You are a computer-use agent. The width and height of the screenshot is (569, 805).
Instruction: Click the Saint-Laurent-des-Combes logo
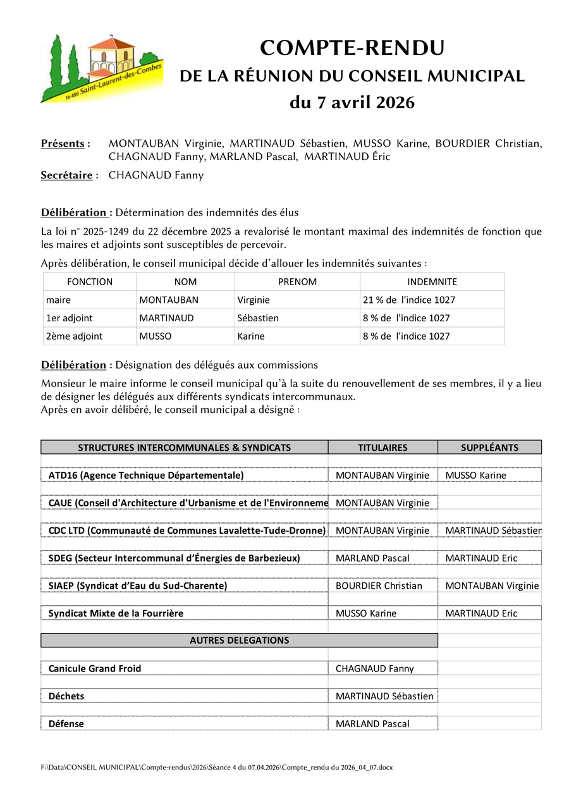[x=101, y=68]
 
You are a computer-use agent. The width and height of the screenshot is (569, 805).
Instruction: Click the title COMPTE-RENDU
[x=352, y=48]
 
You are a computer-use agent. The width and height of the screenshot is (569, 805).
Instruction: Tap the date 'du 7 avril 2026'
[x=352, y=102]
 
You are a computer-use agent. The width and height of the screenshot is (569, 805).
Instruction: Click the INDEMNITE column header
[x=432, y=282]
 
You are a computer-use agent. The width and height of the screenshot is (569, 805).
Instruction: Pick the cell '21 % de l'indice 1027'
[x=408, y=300]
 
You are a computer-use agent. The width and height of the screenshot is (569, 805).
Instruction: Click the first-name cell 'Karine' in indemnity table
[x=251, y=336]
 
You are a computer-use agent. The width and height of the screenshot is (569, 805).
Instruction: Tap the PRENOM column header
[x=297, y=282]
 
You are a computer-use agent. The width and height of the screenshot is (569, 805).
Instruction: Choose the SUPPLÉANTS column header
[x=489, y=448]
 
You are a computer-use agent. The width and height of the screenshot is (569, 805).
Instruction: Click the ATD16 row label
[x=146, y=476]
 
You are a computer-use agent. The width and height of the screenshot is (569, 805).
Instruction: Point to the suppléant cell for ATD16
[x=476, y=476]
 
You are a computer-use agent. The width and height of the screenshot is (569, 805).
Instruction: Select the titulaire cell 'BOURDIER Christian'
[x=379, y=586]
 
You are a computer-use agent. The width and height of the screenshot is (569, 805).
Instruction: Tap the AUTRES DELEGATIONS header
[x=239, y=641]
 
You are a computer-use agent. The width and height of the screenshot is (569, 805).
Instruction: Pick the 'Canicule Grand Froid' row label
[x=95, y=668]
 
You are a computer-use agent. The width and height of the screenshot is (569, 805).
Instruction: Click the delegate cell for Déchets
[x=384, y=696]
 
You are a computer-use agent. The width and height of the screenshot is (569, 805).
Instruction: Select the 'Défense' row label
[x=66, y=724]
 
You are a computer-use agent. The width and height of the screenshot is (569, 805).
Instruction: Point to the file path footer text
[x=217, y=767]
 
